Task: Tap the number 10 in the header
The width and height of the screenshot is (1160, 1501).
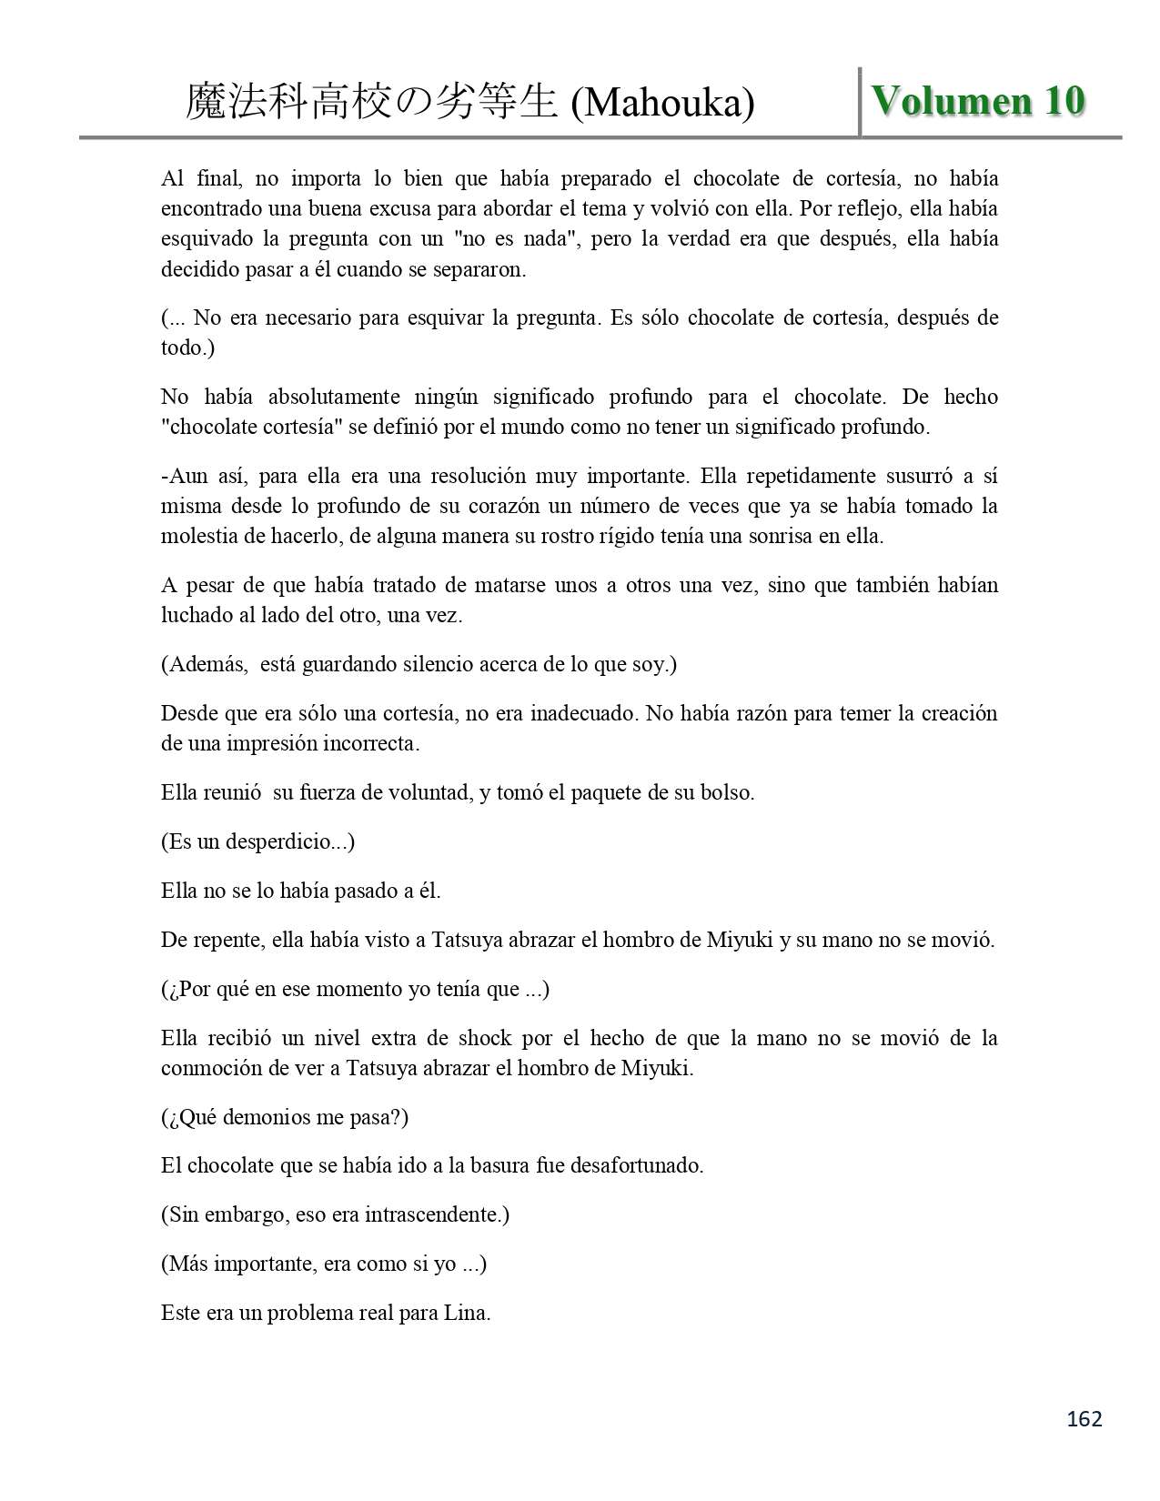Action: [x=1064, y=100]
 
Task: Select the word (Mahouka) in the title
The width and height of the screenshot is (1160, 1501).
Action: [x=662, y=103]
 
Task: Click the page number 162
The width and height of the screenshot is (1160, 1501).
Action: [x=1084, y=1419]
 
